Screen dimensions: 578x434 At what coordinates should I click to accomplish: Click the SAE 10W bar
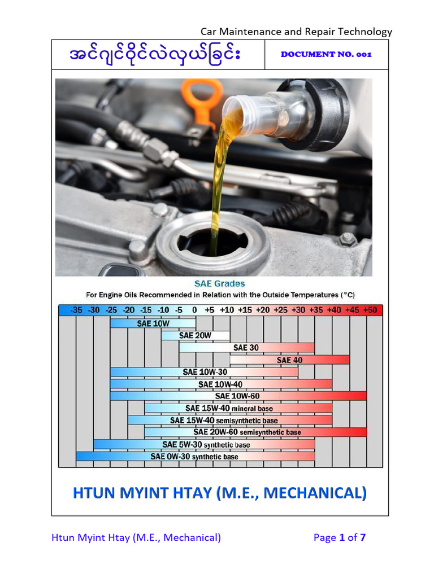pos(153,323)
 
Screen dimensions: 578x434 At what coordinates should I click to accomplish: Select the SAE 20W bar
pos(195,335)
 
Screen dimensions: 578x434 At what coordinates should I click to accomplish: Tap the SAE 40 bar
pos(289,360)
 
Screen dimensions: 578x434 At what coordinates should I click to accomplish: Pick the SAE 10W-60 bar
pos(238,396)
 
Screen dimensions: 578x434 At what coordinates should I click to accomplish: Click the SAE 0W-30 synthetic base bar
pos(195,456)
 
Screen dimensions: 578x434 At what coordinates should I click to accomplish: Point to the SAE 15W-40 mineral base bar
pos(238,408)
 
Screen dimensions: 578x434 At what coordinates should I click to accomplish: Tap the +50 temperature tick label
pos(371,310)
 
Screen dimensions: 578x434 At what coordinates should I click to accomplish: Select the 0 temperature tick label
pos(194,310)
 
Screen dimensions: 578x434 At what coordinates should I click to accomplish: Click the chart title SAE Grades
pos(220,283)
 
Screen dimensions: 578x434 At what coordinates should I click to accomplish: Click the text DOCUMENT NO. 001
pos(326,54)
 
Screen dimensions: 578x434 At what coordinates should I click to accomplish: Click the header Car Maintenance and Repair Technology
pos(296,32)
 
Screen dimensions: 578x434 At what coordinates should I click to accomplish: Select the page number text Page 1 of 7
pos(340,537)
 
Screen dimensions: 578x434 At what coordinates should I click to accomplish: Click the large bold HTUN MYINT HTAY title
pos(220,493)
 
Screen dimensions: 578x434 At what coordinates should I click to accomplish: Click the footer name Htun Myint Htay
pos(136,537)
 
